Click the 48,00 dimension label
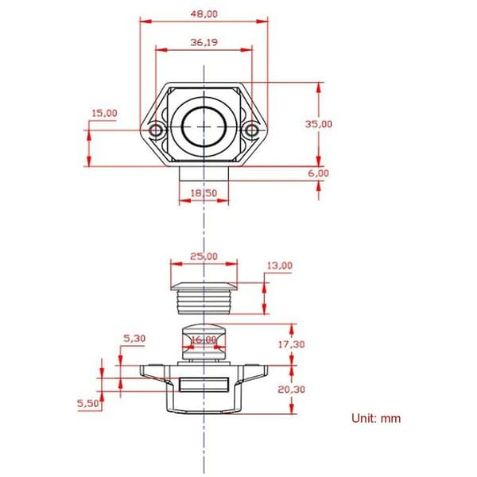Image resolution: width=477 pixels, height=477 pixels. (x=204, y=14)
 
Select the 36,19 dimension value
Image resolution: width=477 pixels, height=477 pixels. (x=204, y=42)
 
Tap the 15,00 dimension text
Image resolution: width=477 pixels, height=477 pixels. (x=104, y=113)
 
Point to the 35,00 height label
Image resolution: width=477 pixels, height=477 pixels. (x=319, y=124)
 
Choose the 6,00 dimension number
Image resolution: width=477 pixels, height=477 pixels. (x=319, y=173)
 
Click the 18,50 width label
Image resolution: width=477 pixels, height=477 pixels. (x=204, y=193)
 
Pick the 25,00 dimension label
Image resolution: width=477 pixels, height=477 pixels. (x=204, y=257)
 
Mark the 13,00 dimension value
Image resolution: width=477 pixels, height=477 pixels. (x=280, y=266)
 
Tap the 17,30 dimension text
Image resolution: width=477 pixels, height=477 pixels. (x=292, y=344)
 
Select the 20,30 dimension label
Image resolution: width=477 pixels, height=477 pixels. (x=292, y=390)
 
